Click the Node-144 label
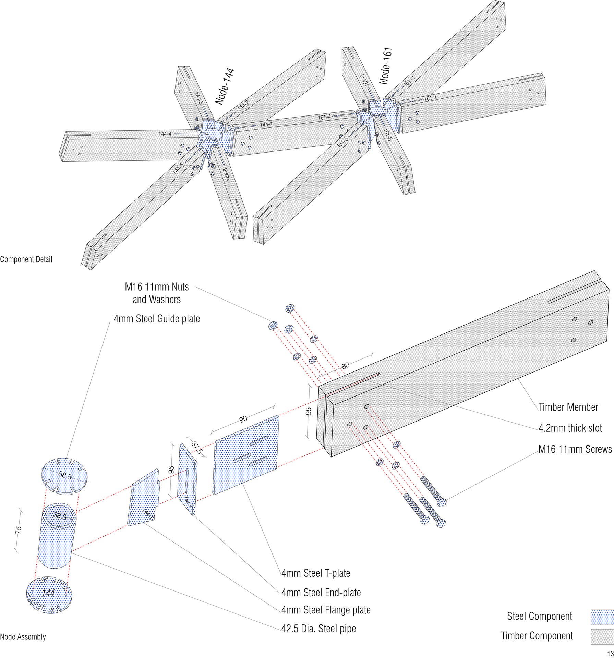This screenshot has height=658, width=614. (225, 86)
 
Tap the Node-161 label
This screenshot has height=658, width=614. (386, 66)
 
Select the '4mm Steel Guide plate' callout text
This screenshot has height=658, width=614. (157, 319)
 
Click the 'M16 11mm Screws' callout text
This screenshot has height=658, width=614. (575, 449)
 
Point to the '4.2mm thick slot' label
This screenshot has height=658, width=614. (570, 428)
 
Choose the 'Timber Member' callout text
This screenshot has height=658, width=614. (568, 407)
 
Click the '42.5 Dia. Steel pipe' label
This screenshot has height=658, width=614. (318, 628)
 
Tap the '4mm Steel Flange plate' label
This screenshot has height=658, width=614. (326, 610)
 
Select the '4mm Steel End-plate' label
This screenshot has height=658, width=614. (321, 592)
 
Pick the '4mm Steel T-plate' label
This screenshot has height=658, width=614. (316, 573)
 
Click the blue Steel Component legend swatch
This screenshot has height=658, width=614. (602, 617)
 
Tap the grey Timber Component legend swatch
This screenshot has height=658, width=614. (602, 636)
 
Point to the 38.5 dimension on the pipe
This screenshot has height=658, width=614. (60, 515)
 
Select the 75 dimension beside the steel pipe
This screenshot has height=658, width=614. (19, 529)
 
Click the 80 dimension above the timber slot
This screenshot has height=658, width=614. (346, 365)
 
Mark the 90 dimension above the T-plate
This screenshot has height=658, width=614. (243, 419)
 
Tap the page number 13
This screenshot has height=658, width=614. (610, 653)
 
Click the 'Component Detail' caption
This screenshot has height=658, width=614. (26, 259)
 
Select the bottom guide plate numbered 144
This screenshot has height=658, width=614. (49, 593)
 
